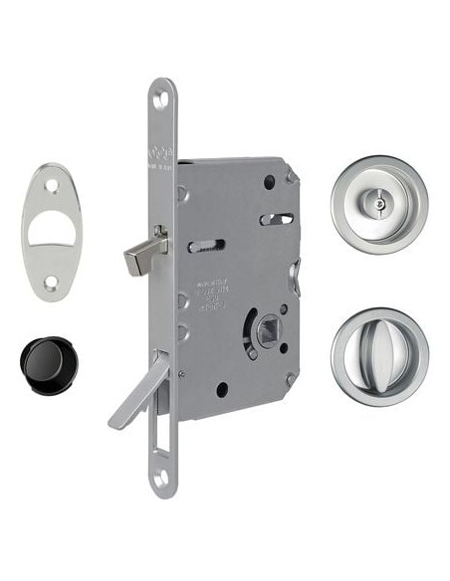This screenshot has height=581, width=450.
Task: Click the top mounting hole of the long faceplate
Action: (161, 97)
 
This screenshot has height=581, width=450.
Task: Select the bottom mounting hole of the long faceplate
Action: (162, 480)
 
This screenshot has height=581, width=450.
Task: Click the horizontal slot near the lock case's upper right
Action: (276, 219)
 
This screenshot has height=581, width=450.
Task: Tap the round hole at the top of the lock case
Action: (269, 181)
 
